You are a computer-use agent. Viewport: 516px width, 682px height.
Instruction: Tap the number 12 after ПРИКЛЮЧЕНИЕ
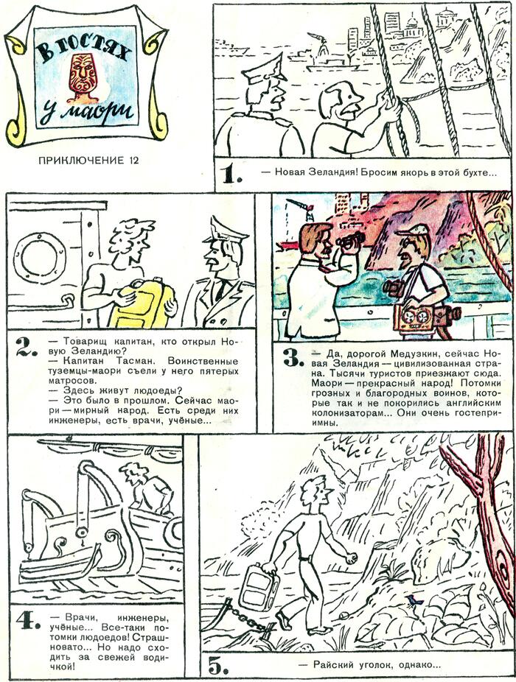pyautogui.click(x=133, y=160)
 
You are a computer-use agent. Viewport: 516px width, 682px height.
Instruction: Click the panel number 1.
pyautogui.click(x=232, y=174)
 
